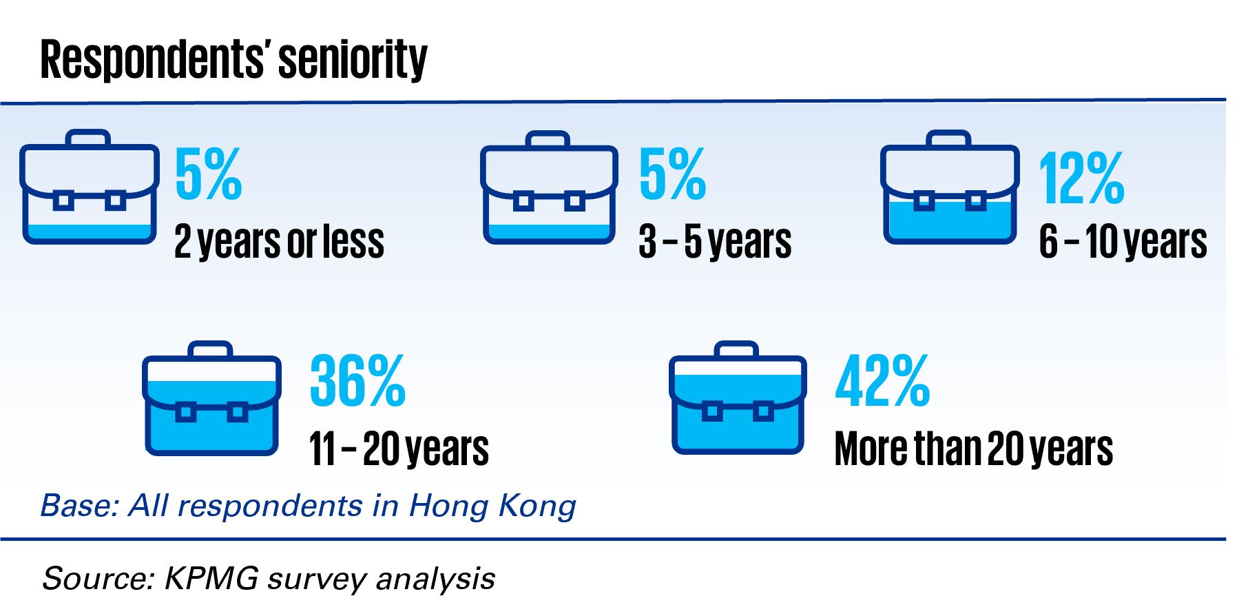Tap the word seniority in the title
coord(353,61)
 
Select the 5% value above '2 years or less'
coord(209,174)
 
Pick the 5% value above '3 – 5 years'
coord(673,174)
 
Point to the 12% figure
coord(1081,178)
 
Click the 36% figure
coord(357,380)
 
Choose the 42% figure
coord(882,380)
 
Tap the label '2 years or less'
coord(279,242)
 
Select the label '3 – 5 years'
coord(715,242)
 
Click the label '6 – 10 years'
coord(1123,242)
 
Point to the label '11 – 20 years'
coord(399,449)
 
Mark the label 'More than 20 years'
coord(973,449)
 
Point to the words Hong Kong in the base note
coord(492,506)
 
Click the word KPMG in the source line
coord(211,578)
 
